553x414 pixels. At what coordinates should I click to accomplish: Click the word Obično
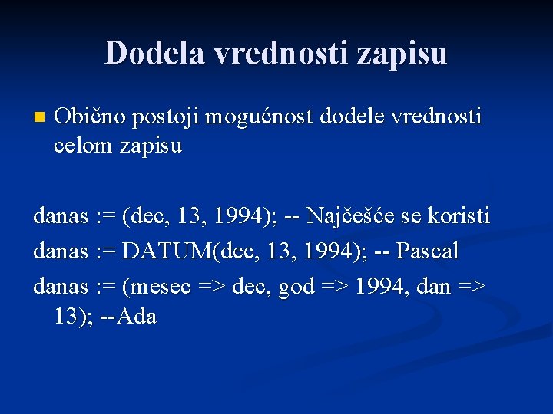coord(90,117)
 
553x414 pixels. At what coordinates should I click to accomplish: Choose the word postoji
coord(167,117)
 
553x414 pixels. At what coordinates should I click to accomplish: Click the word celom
coord(82,145)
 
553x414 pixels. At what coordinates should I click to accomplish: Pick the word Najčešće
coord(359,216)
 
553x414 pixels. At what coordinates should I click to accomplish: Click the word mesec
coord(162,286)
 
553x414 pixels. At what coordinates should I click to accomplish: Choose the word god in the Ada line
coord(295,286)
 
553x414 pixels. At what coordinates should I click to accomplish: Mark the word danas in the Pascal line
coord(61,251)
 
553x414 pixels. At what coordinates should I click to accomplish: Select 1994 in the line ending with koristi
coord(240,216)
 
